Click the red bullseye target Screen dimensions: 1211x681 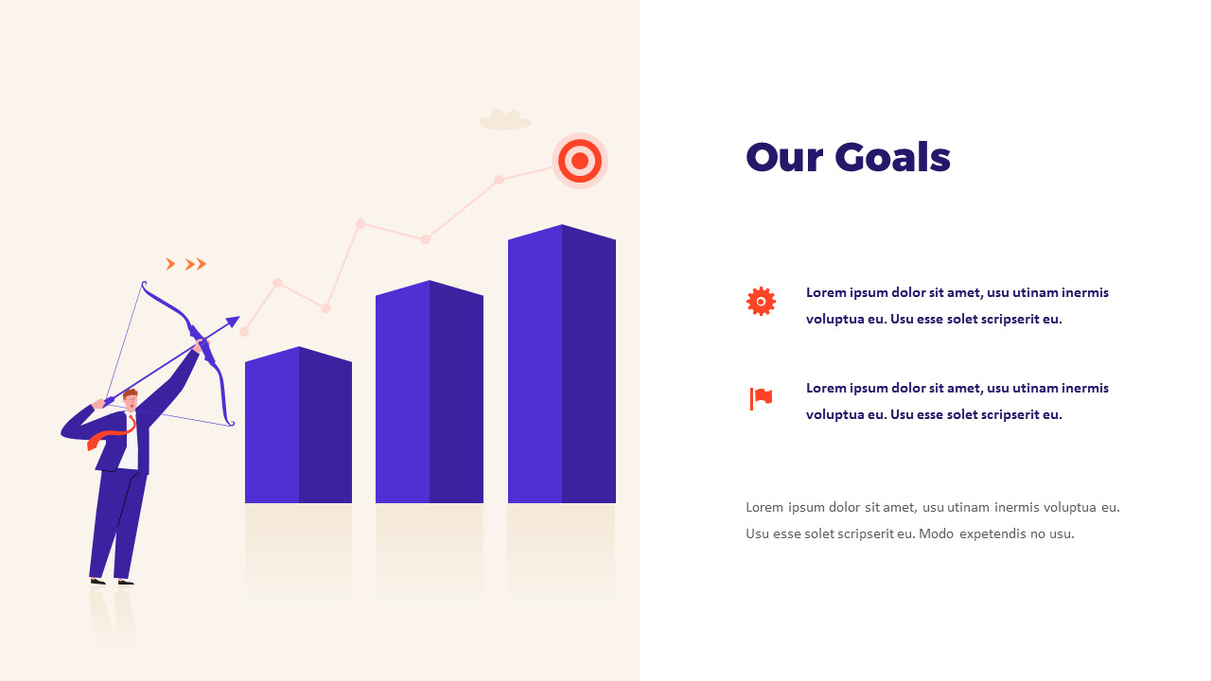pyautogui.click(x=580, y=161)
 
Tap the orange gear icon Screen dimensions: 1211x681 pyautogui.click(x=761, y=302)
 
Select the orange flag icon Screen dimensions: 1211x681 pyautogui.click(x=761, y=399)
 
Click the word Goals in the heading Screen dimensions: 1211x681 pyautogui.click(x=892, y=157)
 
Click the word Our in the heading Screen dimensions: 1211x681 pyautogui.click(x=784, y=158)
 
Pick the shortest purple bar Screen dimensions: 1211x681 pyautogui.click(x=298, y=425)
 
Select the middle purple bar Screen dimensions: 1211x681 pyautogui.click(x=430, y=392)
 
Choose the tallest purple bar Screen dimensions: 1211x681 pyautogui.click(x=562, y=364)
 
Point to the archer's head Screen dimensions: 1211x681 pyautogui.click(x=131, y=400)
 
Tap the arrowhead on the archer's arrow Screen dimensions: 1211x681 pyautogui.click(x=233, y=323)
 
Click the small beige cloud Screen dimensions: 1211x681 pyautogui.click(x=505, y=120)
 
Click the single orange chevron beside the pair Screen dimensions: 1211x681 pyautogui.click(x=169, y=264)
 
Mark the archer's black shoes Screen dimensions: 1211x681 pyautogui.click(x=112, y=582)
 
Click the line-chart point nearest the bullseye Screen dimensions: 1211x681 pyautogui.click(x=499, y=180)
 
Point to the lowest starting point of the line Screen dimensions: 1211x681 pyautogui.click(x=244, y=332)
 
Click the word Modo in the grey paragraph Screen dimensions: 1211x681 pyautogui.click(x=936, y=534)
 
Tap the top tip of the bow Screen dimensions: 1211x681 pyautogui.click(x=143, y=282)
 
